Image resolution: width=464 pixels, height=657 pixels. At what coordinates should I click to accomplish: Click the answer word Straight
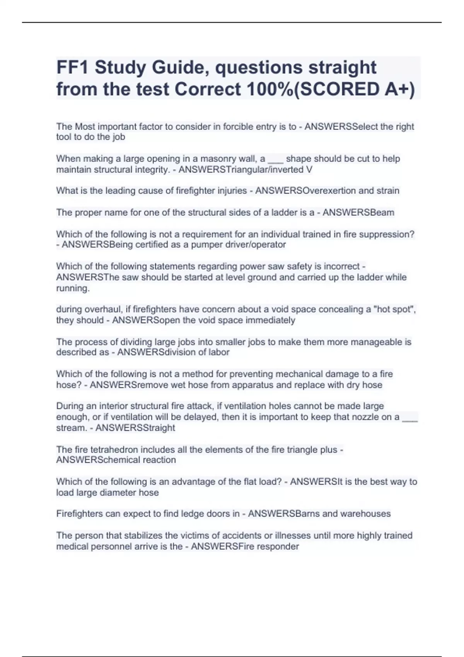click(159, 428)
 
